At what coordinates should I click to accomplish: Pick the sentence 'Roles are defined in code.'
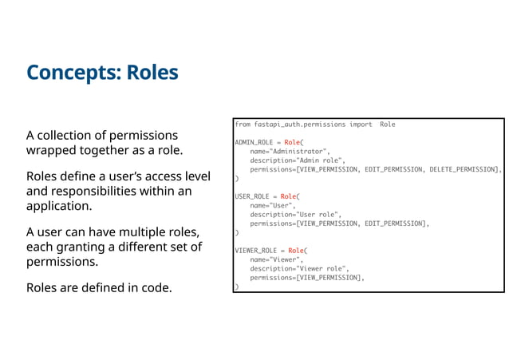(x=99, y=287)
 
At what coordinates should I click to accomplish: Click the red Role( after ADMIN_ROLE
(x=294, y=142)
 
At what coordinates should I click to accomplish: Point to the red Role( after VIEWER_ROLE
(x=298, y=250)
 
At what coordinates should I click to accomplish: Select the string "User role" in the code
(x=318, y=214)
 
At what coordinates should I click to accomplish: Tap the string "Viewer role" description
(x=322, y=268)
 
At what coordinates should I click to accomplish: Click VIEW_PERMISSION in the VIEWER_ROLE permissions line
(x=329, y=277)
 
